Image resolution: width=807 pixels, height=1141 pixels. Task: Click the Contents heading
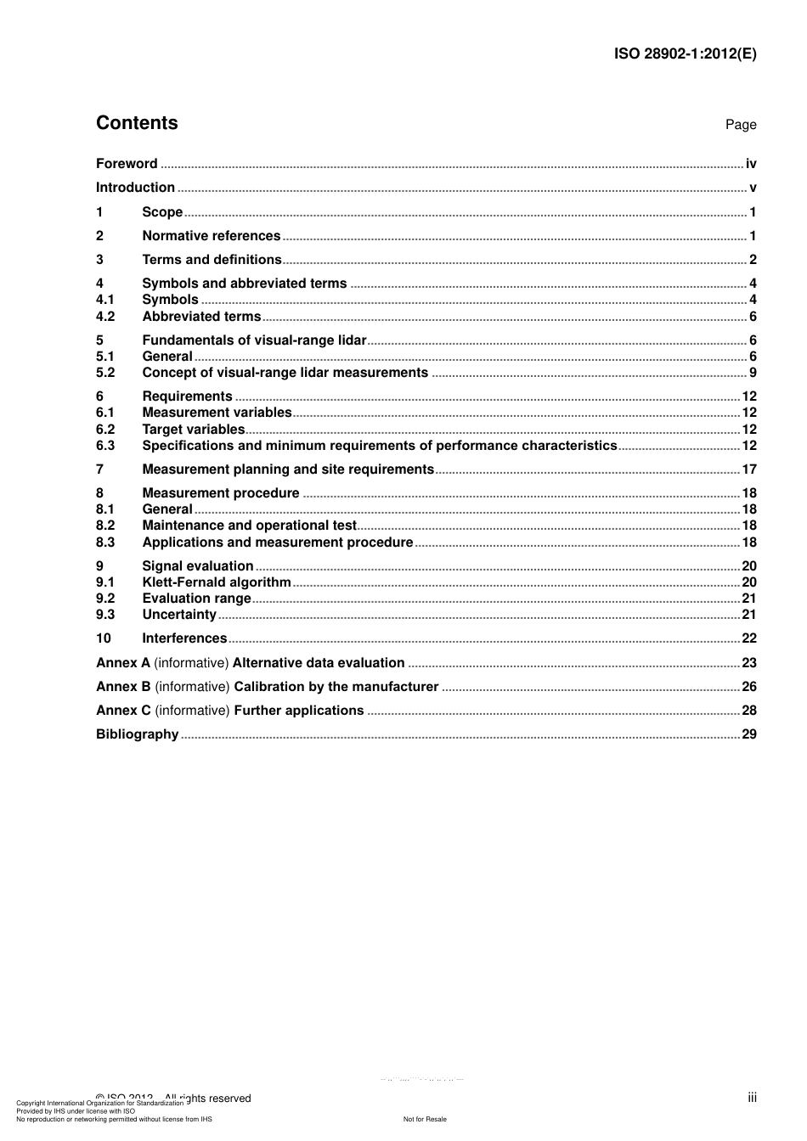click(x=137, y=123)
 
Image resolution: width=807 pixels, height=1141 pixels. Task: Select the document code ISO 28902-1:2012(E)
click(x=685, y=53)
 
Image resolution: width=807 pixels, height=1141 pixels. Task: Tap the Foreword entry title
click(x=127, y=164)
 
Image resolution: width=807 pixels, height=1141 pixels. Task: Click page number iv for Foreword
click(x=751, y=164)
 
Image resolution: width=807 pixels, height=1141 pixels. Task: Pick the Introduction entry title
click(x=135, y=188)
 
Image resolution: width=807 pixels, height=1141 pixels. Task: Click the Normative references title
click(x=211, y=236)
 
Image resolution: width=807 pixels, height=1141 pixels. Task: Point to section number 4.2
click(x=105, y=317)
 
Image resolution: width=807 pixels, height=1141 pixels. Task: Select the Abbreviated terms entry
click(x=201, y=317)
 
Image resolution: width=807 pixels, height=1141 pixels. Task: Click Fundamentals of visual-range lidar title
click(x=254, y=340)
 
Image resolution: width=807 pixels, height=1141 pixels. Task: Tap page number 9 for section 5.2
click(x=753, y=373)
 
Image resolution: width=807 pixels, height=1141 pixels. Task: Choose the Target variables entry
click(x=194, y=430)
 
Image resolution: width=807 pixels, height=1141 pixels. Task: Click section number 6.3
click(x=105, y=446)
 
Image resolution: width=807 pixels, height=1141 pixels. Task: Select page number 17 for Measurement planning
click(x=749, y=469)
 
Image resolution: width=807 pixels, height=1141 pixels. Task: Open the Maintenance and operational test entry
click(x=249, y=526)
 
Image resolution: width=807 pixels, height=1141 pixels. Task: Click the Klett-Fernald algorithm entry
click(x=217, y=582)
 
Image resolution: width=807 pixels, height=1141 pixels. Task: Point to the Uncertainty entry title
click(x=179, y=615)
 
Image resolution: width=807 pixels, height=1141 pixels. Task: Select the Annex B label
click(x=123, y=687)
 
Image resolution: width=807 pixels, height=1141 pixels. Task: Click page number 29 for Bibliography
click(x=749, y=734)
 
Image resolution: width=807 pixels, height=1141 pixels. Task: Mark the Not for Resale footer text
click(x=425, y=1119)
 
